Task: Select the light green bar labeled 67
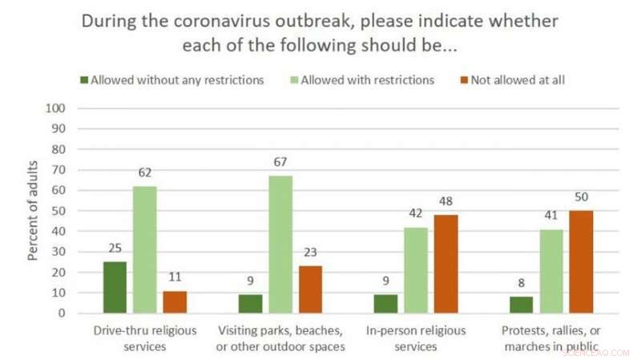tap(280, 245)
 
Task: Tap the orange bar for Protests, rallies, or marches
tap(580, 261)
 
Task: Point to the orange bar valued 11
tap(175, 302)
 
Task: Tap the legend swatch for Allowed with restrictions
tap(294, 80)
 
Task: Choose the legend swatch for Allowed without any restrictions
tap(84, 80)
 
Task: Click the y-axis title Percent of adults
tap(34, 211)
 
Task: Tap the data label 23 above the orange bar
tap(311, 253)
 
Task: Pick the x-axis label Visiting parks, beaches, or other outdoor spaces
tap(280, 339)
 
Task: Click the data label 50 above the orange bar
tap(580, 198)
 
